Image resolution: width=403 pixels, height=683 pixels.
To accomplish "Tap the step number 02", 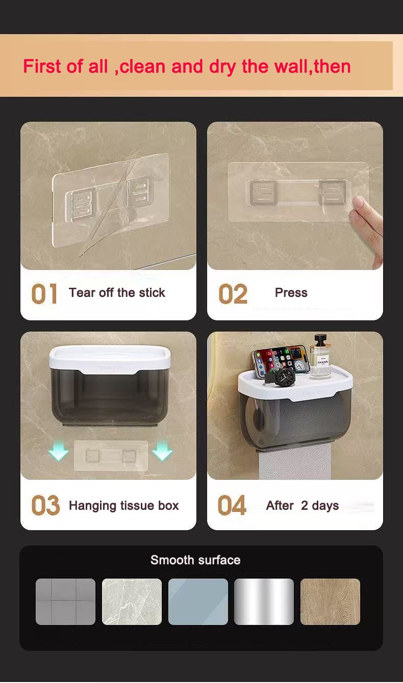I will pyautogui.click(x=233, y=294).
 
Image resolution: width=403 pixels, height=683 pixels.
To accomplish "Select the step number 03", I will pyautogui.click(x=45, y=506).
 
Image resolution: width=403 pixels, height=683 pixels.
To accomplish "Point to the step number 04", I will pyautogui.click(x=232, y=506).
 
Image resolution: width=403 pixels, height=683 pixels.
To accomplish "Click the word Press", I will pyautogui.click(x=291, y=293).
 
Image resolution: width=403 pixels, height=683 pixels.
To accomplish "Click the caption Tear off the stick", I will pyautogui.click(x=117, y=293).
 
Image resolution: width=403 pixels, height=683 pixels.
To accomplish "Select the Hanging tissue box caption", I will pyautogui.click(x=123, y=506).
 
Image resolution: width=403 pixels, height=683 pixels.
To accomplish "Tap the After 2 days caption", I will pyautogui.click(x=302, y=506).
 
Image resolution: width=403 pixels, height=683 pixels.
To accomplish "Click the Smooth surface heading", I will pyautogui.click(x=195, y=560).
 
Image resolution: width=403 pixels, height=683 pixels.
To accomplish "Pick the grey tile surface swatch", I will pyautogui.click(x=65, y=602).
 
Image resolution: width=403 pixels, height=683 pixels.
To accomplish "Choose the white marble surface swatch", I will pyautogui.click(x=132, y=602).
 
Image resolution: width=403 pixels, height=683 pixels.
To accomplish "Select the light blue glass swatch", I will pyautogui.click(x=198, y=602).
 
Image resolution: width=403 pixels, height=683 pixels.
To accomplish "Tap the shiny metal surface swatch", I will pyautogui.click(x=264, y=602).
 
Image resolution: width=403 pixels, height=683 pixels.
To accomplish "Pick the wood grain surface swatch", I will pyautogui.click(x=330, y=602).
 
